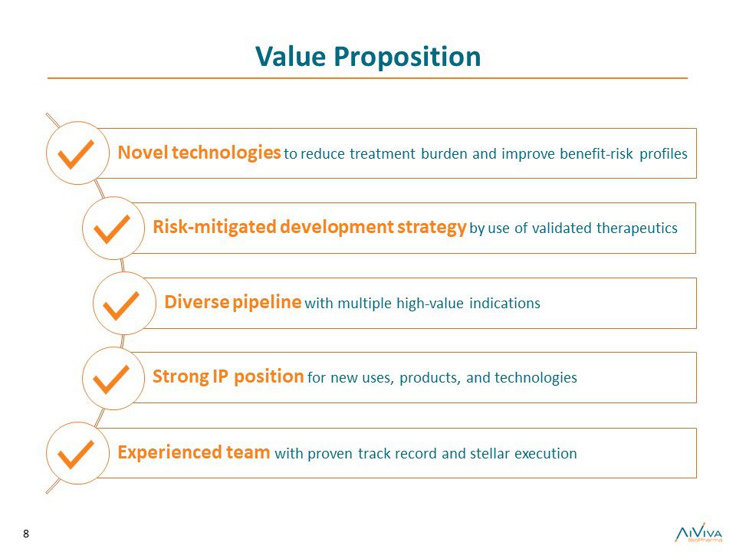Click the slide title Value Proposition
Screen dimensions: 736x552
[x=368, y=58]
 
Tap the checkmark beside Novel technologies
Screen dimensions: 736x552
[x=75, y=154]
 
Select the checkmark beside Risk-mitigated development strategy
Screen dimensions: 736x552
[x=112, y=229]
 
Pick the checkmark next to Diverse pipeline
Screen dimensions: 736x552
[x=121, y=306]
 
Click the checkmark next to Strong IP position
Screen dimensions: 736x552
[x=111, y=379]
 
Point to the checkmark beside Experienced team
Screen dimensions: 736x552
[x=75, y=455]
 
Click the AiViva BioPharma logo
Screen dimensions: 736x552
[x=699, y=533]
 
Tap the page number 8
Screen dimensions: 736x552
[x=26, y=534]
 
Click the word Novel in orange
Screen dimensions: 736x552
[x=143, y=153]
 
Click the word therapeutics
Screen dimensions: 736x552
[x=637, y=228]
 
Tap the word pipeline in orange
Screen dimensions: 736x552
[x=267, y=302]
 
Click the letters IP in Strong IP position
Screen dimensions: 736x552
[x=220, y=376]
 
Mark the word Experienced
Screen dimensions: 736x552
[x=169, y=452]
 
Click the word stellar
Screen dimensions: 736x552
[x=490, y=453]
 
